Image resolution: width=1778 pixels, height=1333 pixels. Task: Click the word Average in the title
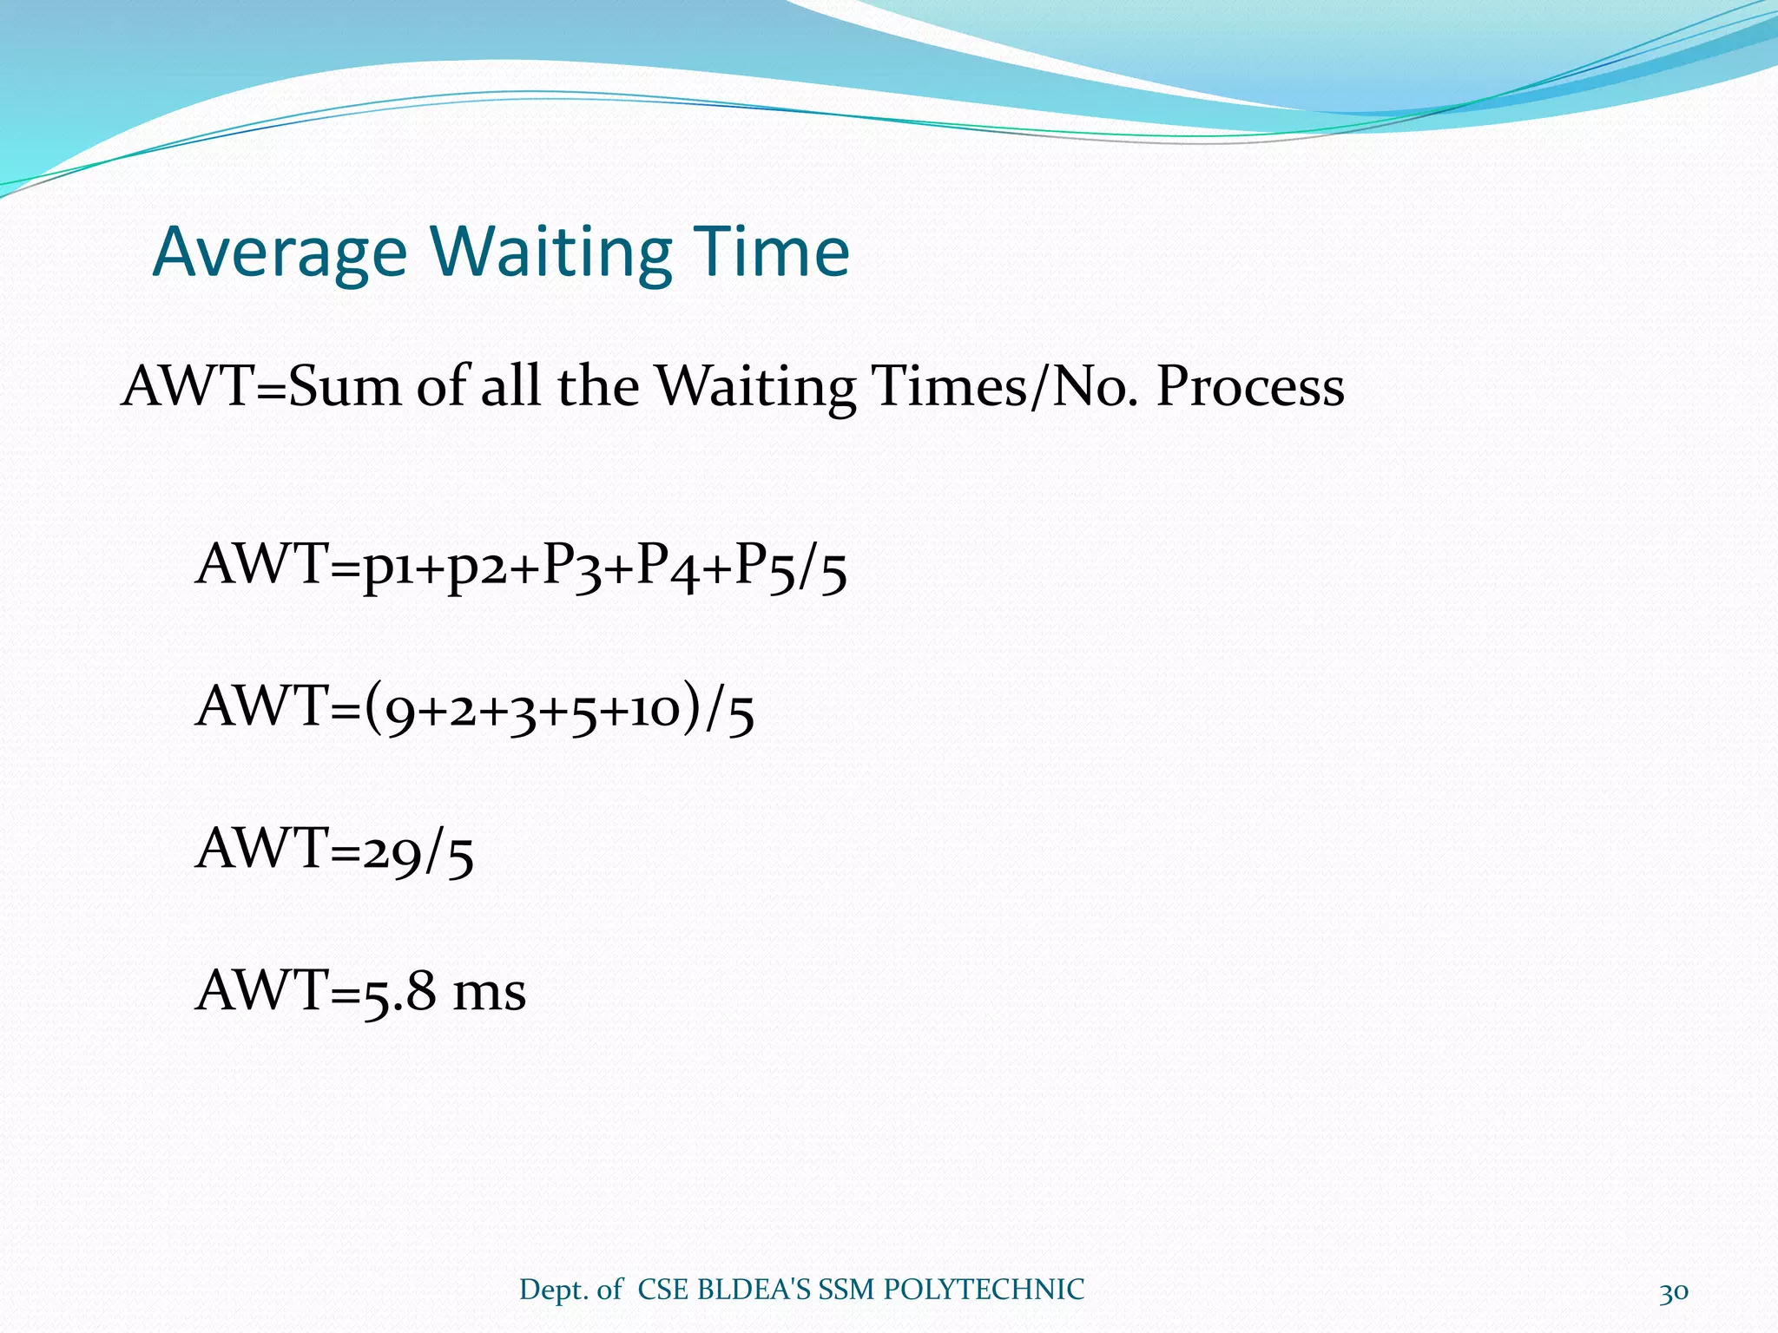(x=280, y=253)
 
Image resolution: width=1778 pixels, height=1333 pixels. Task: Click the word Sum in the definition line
(x=345, y=386)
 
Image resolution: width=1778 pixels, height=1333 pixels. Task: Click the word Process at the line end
(x=1250, y=386)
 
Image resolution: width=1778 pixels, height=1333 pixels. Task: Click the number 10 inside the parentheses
(x=655, y=710)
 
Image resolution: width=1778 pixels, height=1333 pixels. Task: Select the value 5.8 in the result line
(x=398, y=993)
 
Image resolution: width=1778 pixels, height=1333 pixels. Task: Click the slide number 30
(x=1674, y=1290)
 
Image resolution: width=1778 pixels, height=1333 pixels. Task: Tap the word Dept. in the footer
(x=554, y=1290)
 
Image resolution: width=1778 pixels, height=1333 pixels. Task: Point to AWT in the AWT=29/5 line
(x=260, y=850)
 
